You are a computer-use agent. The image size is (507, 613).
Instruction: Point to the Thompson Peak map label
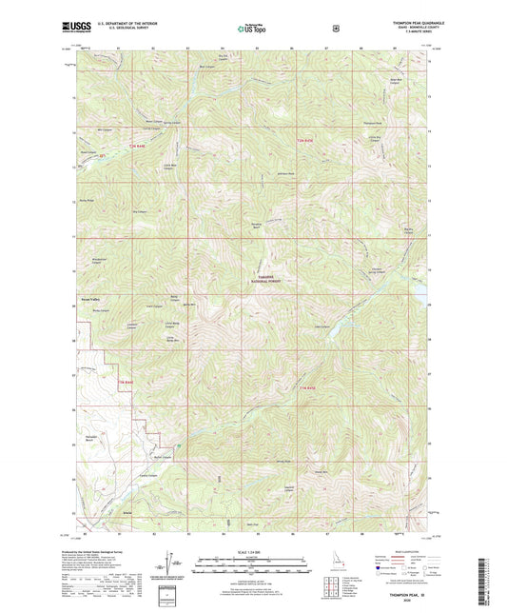pos(371,125)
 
